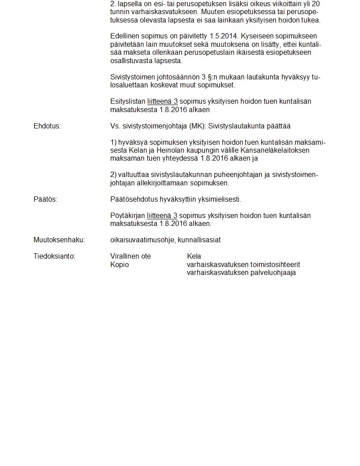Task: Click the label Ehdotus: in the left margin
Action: click(x=47, y=126)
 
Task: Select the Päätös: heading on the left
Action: click(x=45, y=199)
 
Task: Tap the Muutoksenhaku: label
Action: click(x=59, y=240)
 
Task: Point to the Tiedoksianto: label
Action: click(x=54, y=256)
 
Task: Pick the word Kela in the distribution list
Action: click(x=194, y=256)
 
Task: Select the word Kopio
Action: click(x=120, y=265)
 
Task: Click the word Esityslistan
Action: click(x=127, y=101)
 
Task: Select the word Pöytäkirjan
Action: click(x=127, y=216)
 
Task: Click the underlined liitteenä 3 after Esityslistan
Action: click(x=162, y=101)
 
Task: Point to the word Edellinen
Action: click(x=125, y=36)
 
